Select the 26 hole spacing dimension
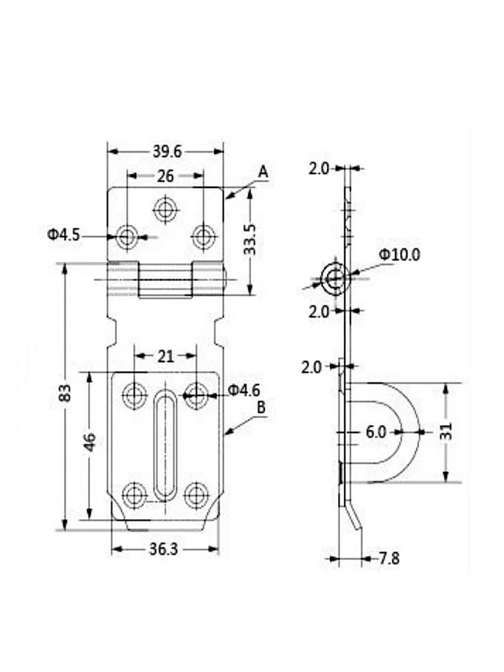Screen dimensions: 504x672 point(165,176)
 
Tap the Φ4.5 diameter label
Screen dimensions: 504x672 point(63,235)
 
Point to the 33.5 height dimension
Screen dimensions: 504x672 point(250,240)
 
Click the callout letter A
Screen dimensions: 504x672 point(263,172)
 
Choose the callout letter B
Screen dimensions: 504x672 point(261,408)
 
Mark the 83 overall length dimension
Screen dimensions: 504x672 point(65,392)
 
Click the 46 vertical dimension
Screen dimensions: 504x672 point(89,442)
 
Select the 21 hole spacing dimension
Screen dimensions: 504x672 point(165,356)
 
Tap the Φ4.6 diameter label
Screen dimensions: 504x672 point(244,390)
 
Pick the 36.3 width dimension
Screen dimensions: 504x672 point(163,550)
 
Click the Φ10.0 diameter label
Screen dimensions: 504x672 point(399,255)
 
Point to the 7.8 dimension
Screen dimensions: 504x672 point(389,558)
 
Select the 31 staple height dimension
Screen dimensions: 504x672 point(446,431)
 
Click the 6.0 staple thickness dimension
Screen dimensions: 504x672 point(376,432)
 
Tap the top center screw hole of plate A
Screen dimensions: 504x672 point(165,209)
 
